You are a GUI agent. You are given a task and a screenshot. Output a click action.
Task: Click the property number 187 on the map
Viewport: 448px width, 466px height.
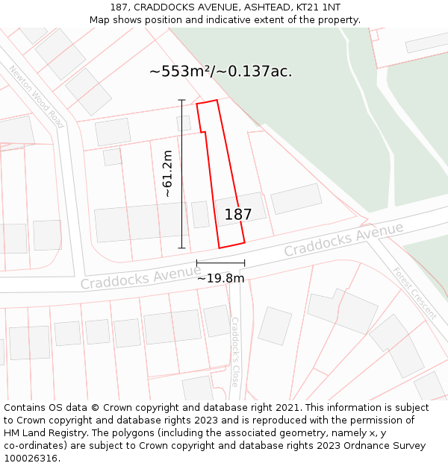click(238, 215)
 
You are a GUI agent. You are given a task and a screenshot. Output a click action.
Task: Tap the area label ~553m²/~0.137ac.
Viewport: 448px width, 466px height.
click(220, 72)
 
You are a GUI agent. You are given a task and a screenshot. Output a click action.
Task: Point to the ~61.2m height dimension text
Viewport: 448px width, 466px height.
click(167, 174)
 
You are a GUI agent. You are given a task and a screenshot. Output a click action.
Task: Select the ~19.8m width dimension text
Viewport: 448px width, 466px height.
click(220, 278)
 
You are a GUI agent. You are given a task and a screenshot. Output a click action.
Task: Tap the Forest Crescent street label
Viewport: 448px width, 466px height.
click(414, 293)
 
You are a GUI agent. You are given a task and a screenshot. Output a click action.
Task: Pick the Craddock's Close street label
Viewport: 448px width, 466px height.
click(234, 352)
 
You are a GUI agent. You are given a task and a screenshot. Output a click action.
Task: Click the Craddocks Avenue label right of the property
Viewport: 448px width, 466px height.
click(343, 239)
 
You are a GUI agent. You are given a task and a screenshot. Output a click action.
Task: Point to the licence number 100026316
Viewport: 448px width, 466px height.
click(32, 459)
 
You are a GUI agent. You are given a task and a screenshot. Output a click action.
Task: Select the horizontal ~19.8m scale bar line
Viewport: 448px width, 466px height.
click(220, 263)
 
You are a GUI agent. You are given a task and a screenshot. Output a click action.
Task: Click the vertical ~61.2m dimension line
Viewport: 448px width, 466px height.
click(181, 174)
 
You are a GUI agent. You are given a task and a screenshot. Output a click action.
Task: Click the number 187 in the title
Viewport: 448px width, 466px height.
click(120, 7)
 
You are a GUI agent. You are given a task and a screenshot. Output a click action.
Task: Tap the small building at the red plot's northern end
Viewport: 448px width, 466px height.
click(184, 123)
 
